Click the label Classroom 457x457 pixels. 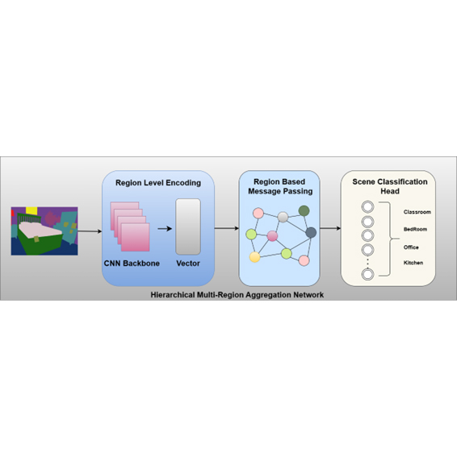(x=417, y=212)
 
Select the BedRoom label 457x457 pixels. (x=415, y=229)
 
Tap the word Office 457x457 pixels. (x=411, y=247)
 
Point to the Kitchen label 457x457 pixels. (x=413, y=263)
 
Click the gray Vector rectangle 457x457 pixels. (x=188, y=226)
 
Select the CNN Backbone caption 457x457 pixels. (x=132, y=264)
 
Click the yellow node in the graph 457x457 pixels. (x=254, y=257)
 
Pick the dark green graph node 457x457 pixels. (x=304, y=210)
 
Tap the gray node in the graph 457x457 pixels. (x=283, y=217)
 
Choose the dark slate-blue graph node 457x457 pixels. (x=311, y=233)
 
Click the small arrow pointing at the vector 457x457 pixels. (x=165, y=229)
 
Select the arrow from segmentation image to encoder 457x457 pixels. (x=90, y=231)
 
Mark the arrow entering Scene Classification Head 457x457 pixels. (x=330, y=228)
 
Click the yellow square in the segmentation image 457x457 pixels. (x=31, y=210)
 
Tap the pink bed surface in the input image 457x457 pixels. (x=40, y=228)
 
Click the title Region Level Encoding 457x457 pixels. (x=158, y=183)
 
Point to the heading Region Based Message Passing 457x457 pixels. (x=280, y=186)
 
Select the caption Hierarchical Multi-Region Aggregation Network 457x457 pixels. (x=237, y=295)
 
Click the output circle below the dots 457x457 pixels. (x=367, y=274)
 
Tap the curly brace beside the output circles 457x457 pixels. (x=389, y=239)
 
